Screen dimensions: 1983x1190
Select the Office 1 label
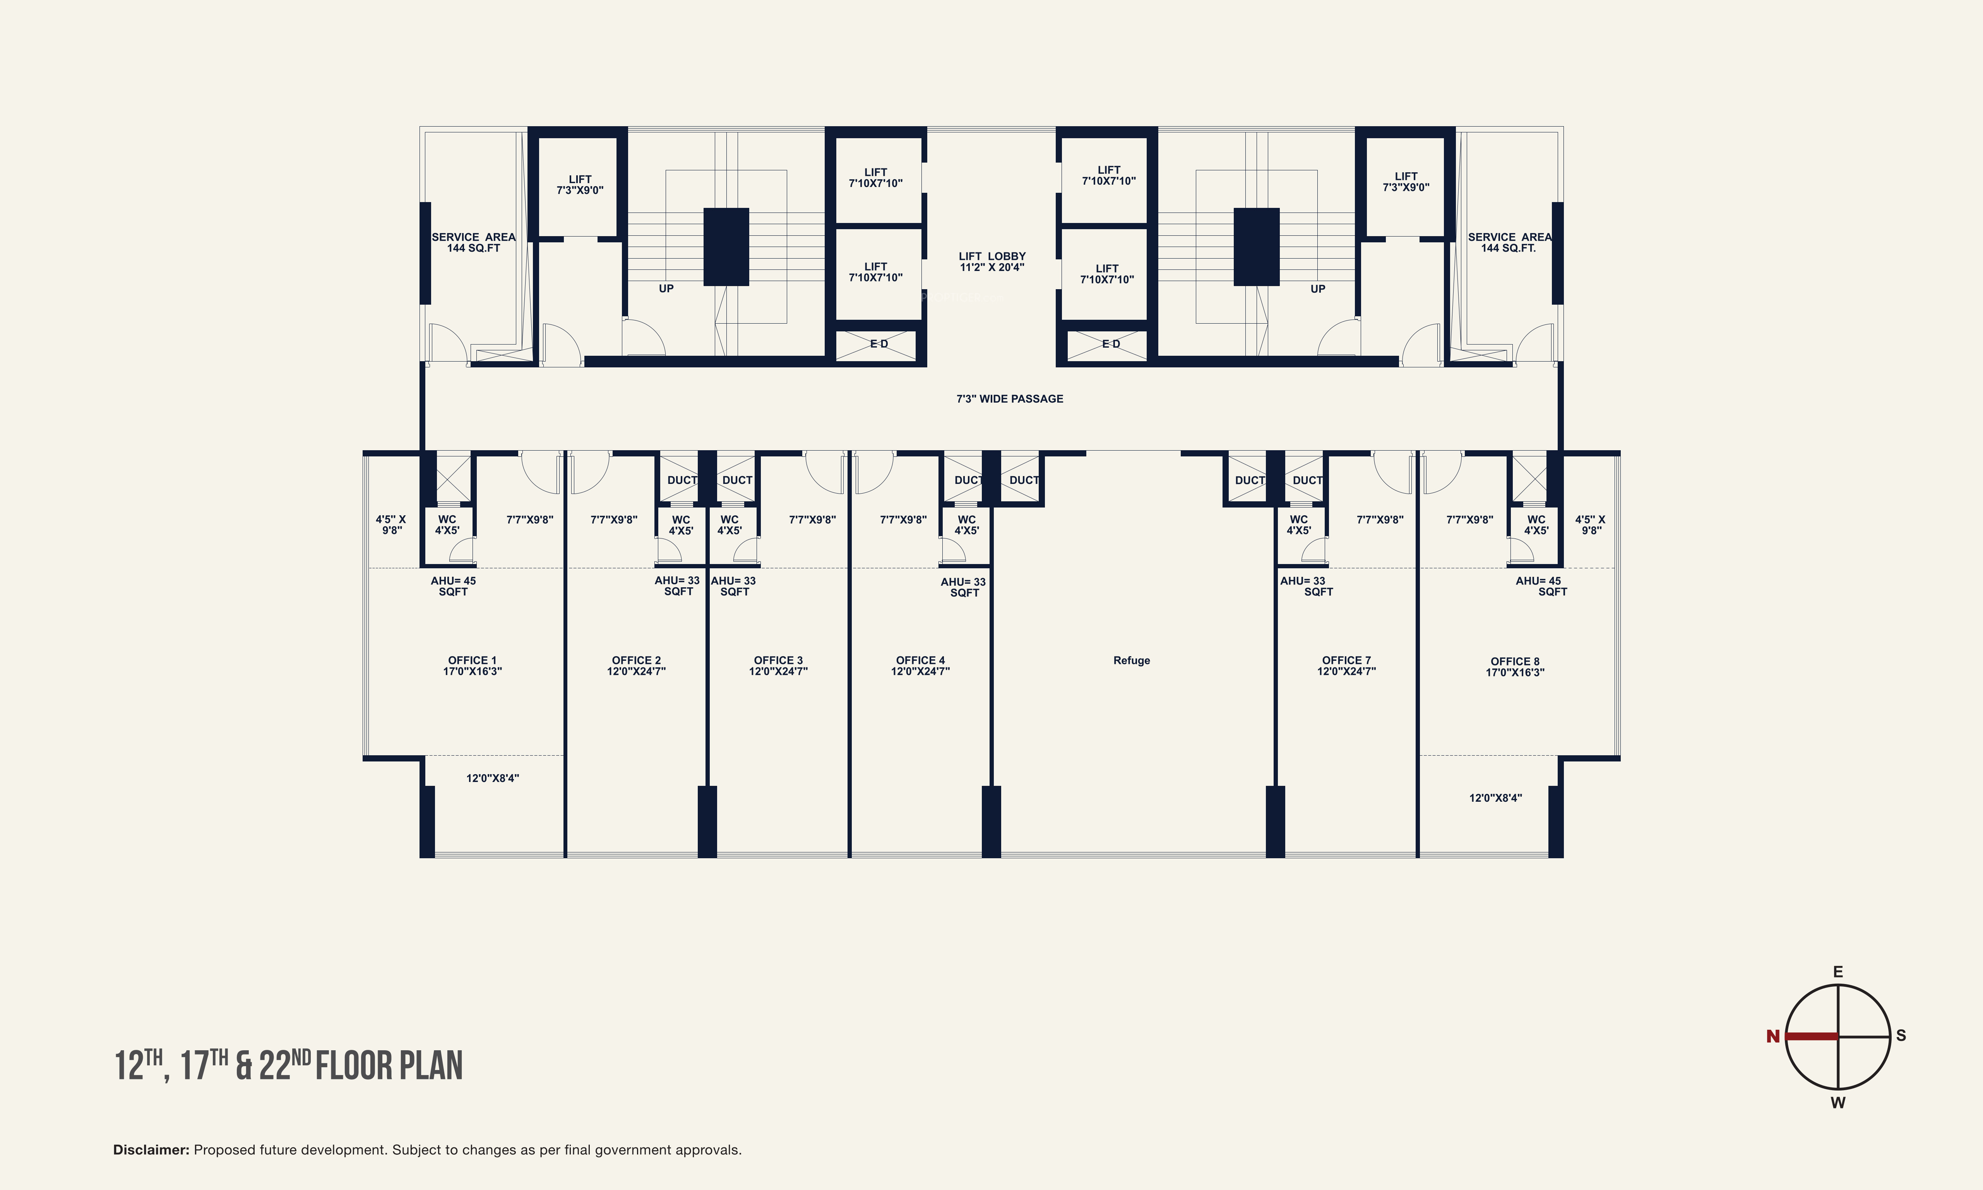(x=472, y=665)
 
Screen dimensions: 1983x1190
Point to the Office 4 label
(x=920, y=665)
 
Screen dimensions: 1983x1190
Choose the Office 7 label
(x=1347, y=665)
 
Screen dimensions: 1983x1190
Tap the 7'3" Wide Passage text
(x=1010, y=399)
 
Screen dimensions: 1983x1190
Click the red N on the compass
(x=1773, y=1036)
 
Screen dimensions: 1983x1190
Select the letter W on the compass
(x=1838, y=1103)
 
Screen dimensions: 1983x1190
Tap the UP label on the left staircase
(x=666, y=289)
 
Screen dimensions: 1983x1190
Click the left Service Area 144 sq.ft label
(x=474, y=242)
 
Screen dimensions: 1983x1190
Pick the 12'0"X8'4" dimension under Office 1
(x=493, y=778)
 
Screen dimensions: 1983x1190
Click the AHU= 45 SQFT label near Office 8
(x=1541, y=586)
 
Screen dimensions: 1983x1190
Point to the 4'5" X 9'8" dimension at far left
(x=391, y=525)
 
